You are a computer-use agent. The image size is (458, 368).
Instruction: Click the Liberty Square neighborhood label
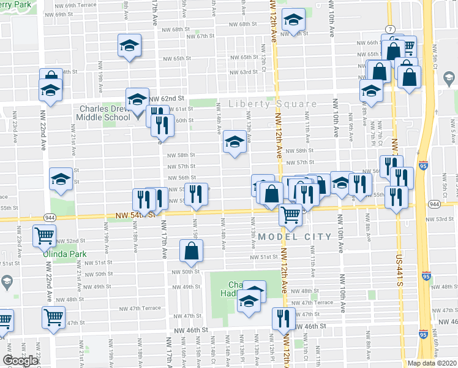point(273,104)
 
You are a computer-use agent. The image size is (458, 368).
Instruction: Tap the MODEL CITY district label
point(296,236)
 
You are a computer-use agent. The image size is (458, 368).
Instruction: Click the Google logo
point(20,361)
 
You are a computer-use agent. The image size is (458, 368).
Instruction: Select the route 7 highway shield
point(389,29)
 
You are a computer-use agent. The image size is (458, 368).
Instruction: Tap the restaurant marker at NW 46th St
point(283,317)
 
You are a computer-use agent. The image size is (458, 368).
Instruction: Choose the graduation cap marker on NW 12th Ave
point(293,20)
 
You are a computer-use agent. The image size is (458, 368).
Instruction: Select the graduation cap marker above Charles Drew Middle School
point(137,98)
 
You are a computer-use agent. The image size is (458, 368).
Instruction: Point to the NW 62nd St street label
point(167,98)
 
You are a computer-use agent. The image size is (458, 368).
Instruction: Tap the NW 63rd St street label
point(244,72)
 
